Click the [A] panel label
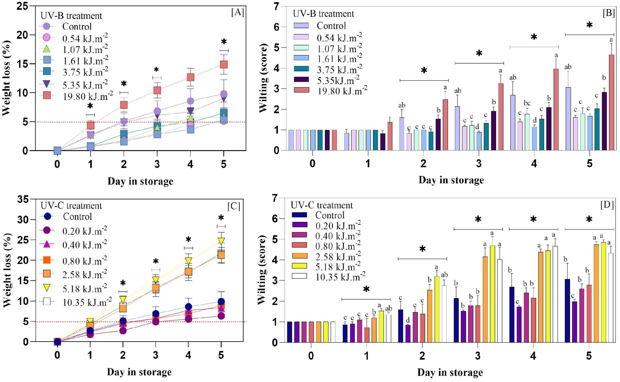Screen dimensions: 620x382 (x=237, y=12)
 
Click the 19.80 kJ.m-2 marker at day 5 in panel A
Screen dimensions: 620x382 (x=224, y=64)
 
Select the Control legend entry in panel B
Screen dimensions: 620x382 (x=319, y=26)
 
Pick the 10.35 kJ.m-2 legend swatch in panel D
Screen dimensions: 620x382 (x=299, y=276)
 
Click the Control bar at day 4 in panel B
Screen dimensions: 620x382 (x=513, y=123)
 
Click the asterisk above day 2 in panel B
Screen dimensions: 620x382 (x=424, y=71)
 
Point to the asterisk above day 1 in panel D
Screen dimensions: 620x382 (x=366, y=290)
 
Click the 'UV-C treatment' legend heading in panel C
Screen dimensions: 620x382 (x=71, y=206)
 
